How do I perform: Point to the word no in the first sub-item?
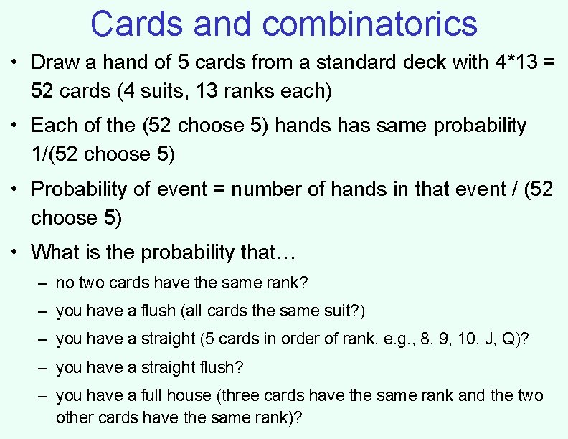tap(64, 283)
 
